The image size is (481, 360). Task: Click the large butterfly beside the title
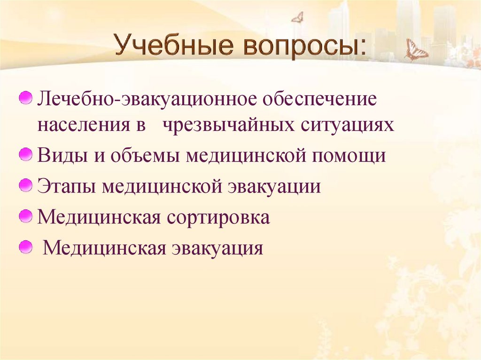(x=416, y=51)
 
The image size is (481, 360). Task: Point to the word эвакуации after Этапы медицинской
(x=274, y=186)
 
